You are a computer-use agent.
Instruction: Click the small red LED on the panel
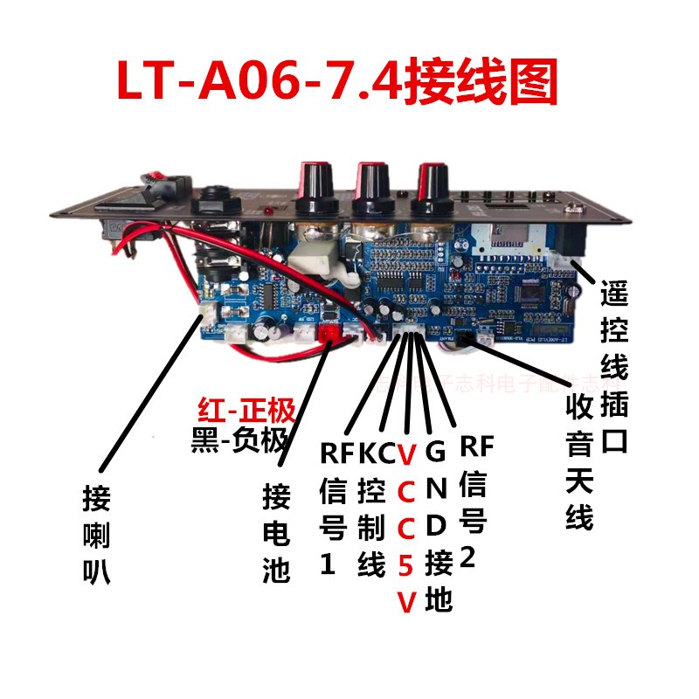(269, 214)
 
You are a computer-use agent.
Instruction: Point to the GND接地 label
(437, 524)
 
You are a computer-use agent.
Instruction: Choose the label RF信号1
(332, 507)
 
